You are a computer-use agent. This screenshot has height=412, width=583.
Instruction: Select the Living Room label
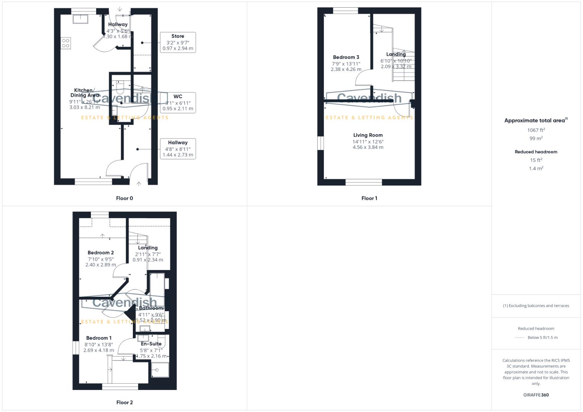tap(368, 135)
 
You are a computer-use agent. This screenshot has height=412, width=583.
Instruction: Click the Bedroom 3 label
tap(346, 57)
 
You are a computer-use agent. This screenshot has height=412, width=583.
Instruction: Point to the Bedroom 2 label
tap(100, 253)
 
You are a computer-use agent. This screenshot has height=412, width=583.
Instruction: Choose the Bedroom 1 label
tap(99, 338)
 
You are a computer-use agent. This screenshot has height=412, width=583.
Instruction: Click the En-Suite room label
tap(151, 344)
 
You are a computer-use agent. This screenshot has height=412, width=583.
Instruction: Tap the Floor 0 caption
tap(124, 198)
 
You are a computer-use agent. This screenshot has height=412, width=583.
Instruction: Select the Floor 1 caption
tap(369, 198)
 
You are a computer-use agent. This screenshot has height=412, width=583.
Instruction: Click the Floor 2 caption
tap(124, 402)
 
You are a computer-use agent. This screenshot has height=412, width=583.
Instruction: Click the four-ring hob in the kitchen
tap(66, 43)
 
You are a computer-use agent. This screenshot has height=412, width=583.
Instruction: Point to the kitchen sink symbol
tap(81, 19)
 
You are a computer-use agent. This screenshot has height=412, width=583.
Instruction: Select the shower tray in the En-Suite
tap(160, 369)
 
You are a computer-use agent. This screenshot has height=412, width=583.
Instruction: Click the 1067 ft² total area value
tap(536, 130)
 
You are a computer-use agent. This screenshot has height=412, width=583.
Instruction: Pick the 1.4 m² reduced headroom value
tap(536, 168)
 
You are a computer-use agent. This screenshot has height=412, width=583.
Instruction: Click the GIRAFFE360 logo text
tap(536, 395)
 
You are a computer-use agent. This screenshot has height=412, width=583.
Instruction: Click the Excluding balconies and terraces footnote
tap(536, 306)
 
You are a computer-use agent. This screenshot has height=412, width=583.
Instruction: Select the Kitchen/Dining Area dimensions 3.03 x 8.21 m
tap(84, 108)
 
